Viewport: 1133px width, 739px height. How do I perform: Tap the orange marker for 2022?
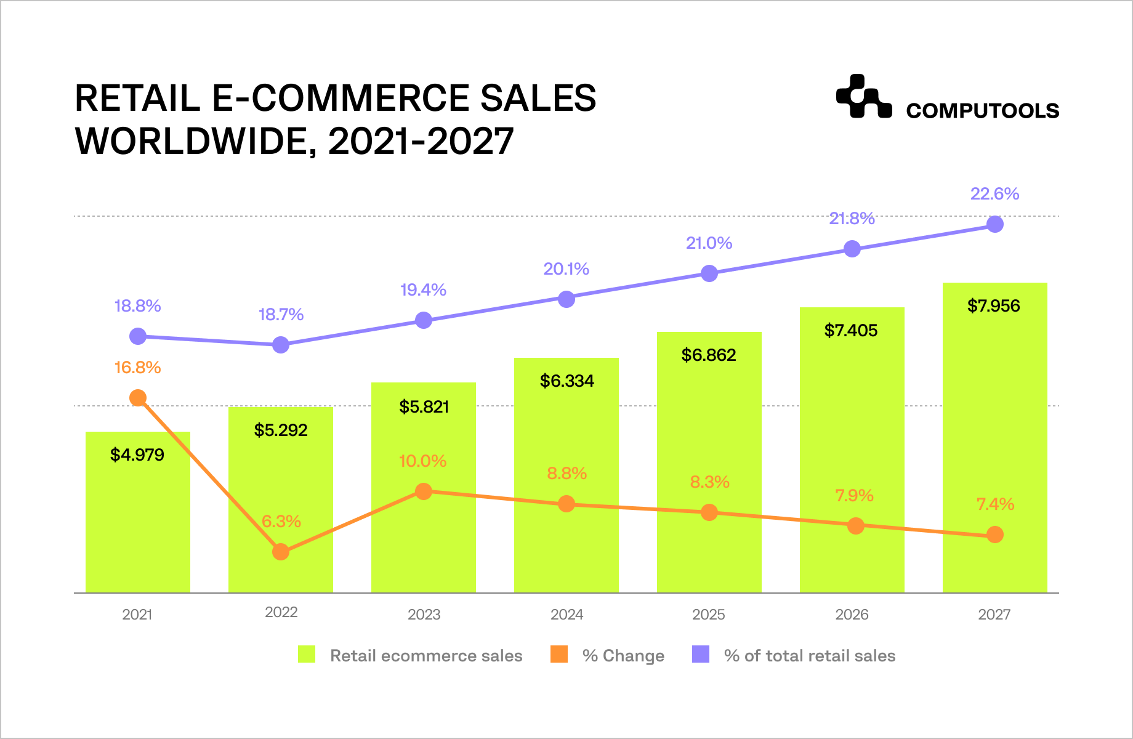click(x=281, y=552)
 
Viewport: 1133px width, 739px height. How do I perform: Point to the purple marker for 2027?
click(x=995, y=224)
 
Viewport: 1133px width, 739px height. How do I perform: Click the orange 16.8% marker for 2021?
click(x=138, y=398)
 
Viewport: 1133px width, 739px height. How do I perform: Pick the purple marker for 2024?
click(x=566, y=299)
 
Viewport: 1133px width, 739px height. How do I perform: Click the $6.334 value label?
click(x=566, y=381)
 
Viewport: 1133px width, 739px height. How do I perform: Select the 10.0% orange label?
click(x=422, y=461)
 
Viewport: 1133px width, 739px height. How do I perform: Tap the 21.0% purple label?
click(x=709, y=243)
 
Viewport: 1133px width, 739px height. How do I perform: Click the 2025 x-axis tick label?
click(x=708, y=615)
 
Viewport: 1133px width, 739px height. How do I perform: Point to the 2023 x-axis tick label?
click(x=424, y=615)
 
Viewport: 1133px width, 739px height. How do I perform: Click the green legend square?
click(x=307, y=654)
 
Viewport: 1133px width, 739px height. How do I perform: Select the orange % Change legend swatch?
click(x=559, y=654)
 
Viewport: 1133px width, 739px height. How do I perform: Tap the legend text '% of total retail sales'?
click(x=809, y=656)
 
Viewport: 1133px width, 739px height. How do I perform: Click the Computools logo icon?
click(x=863, y=97)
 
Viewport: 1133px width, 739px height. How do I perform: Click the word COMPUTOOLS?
click(x=982, y=111)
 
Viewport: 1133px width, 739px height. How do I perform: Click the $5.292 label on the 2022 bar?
click(x=281, y=430)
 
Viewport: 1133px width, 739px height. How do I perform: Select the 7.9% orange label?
click(x=854, y=496)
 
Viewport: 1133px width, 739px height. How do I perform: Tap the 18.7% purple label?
click(x=281, y=315)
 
